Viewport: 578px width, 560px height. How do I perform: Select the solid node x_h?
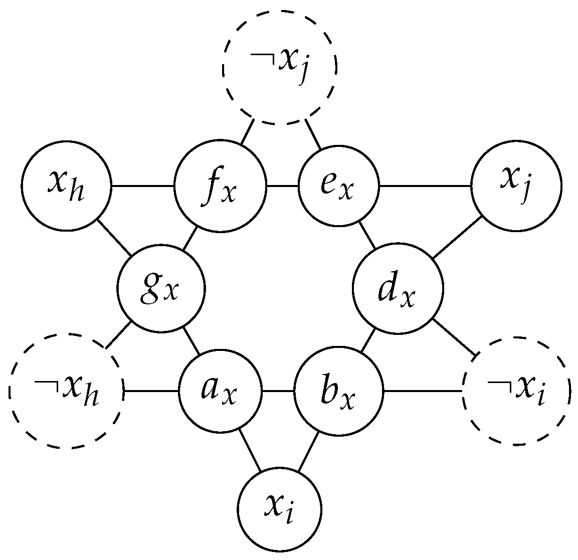tap(66, 186)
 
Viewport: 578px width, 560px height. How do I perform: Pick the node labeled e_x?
tap(338, 186)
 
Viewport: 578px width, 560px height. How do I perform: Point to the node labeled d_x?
tap(398, 289)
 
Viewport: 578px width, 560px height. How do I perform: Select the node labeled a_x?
tap(221, 391)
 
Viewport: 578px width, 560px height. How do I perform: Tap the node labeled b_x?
tap(338, 391)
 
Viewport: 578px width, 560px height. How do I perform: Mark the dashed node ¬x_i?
tap(516, 391)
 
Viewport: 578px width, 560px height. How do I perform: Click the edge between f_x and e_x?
tap(282, 186)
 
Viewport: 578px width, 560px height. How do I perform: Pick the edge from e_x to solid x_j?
tap(425, 186)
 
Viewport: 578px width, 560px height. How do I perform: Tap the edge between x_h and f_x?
tap(142, 186)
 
